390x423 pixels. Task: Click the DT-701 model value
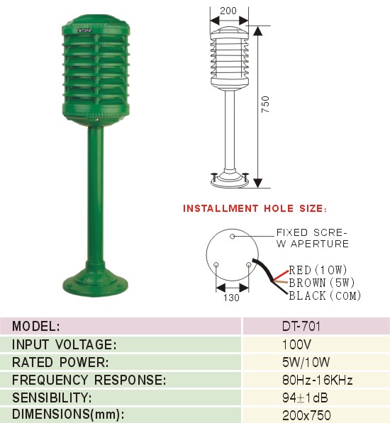[301, 326]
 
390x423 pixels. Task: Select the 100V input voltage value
[296, 344]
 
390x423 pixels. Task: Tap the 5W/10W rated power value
[306, 362]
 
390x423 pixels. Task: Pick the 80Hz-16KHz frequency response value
[318, 380]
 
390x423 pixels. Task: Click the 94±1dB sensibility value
[305, 397]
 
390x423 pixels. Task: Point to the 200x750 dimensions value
[306, 415]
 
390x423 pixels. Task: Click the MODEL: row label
[36, 326]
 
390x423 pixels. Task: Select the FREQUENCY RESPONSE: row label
[89, 380]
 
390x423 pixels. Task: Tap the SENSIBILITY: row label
[52, 397]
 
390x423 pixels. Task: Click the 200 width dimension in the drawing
[228, 11]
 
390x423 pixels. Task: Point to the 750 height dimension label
[266, 104]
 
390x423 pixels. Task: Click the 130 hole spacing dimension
[231, 298]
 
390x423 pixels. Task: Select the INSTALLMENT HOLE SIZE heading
[255, 208]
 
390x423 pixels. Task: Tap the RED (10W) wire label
[318, 270]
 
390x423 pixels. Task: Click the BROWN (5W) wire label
[322, 283]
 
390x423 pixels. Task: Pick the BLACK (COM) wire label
[325, 295]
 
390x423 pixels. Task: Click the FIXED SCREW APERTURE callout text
[313, 238]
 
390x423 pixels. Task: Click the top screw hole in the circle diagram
[232, 237]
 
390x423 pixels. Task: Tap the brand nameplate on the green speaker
[85, 30]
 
